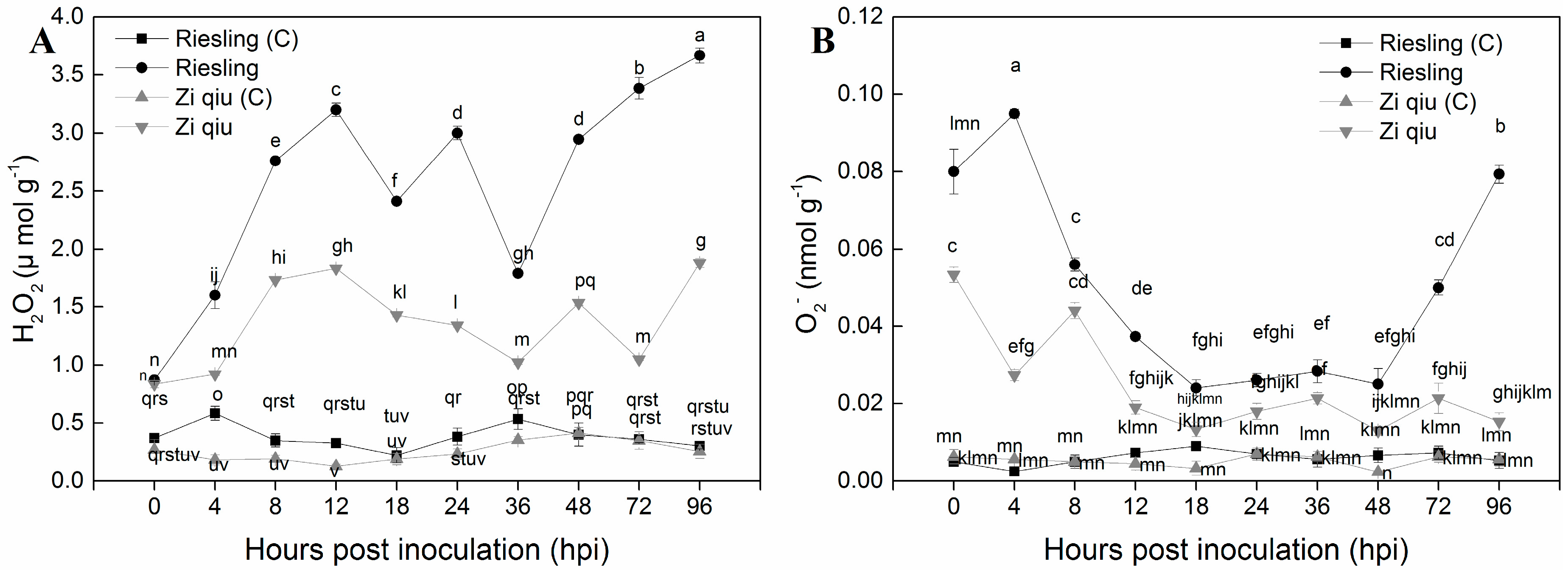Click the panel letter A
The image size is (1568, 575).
coord(42,42)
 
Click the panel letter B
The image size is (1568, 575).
coord(823,42)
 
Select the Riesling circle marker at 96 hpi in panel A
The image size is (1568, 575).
coord(700,56)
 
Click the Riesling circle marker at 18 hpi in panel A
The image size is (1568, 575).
coord(396,201)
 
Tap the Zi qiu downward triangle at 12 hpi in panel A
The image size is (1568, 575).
coord(336,269)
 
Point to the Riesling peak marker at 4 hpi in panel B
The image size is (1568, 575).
coord(1014,114)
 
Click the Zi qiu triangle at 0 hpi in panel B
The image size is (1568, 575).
coord(954,276)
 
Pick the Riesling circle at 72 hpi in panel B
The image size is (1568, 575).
coord(1438,288)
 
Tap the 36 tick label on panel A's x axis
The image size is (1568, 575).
coord(518,506)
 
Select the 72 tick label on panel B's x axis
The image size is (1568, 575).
coord(1438,506)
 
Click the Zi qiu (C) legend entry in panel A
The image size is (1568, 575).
coord(223,98)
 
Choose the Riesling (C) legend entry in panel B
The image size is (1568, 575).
coord(1440,43)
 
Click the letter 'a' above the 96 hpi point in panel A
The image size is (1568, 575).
coord(700,36)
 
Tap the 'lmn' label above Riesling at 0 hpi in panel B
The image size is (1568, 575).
coord(964,123)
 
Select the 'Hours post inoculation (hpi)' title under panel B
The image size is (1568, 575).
coord(1226,550)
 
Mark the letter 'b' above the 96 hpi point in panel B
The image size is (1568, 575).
coord(1500,126)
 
